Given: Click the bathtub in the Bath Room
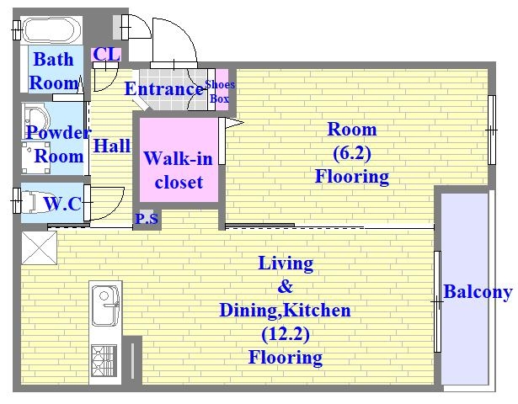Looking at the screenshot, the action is click(x=52, y=29).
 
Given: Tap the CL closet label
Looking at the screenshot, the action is click(x=106, y=54).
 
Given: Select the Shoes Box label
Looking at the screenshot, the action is click(x=220, y=92).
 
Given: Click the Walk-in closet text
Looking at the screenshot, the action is click(x=179, y=170).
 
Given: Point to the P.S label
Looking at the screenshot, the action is click(x=147, y=219).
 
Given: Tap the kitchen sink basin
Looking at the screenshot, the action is click(x=105, y=306).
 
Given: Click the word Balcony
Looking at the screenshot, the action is click(x=478, y=292).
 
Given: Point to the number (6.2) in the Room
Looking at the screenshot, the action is click(x=352, y=153).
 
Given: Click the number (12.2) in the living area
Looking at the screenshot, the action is click(x=286, y=334).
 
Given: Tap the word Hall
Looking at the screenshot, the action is click(x=112, y=146).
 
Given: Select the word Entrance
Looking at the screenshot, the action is click(x=164, y=88).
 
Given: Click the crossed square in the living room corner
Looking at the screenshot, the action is click(x=40, y=247).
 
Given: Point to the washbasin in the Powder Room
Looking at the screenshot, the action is click(x=35, y=120).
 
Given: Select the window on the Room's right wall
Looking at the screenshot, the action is click(x=492, y=130).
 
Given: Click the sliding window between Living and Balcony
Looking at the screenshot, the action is click(x=437, y=301).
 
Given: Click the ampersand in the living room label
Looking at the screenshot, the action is click(x=286, y=286).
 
